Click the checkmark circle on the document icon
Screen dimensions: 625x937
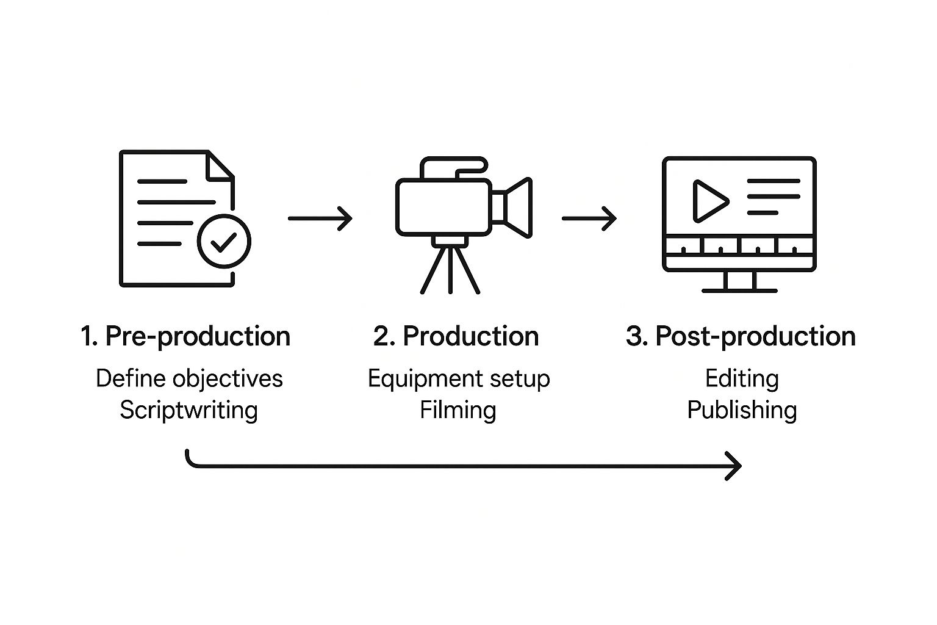click(x=224, y=242)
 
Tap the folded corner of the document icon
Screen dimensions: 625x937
click(x=220, y=165)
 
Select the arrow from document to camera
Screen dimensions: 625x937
click(x=320, y=218)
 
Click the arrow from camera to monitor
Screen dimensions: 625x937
click(x=589, y=218)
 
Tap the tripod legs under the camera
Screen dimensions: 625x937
click(x=450, y=269)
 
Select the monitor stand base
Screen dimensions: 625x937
click(x=739, y=289)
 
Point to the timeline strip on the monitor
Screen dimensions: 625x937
click(x=739, y=246)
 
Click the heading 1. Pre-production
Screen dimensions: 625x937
click(x=185, y=336)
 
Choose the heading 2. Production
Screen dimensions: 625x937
click(x=456, y=336)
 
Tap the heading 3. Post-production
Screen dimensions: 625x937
click(x=741, y=336)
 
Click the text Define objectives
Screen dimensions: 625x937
click(x=189, y=378)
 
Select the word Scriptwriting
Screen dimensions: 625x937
click(x=188, y=410)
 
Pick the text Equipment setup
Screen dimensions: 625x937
click(x=459, y=378)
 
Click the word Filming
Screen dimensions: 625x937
click(x=458, y=410)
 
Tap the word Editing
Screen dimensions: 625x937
click(x=742, y=378)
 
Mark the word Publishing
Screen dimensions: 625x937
click(x=742, y=410)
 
